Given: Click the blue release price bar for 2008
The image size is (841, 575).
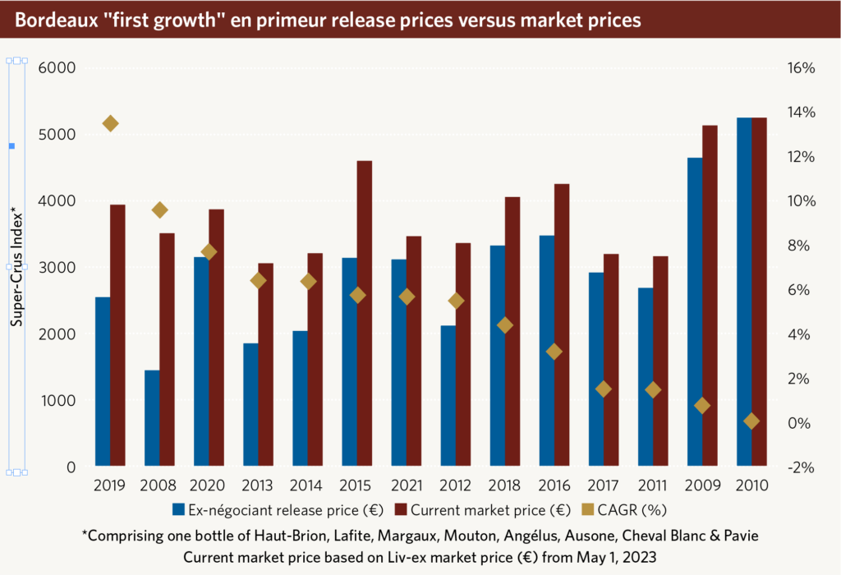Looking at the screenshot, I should pyautogui.click(x=152, y=418).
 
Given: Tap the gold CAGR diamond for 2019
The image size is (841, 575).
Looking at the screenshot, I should pyautogui.click(x=110, y=123).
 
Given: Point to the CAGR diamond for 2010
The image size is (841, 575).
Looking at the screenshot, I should pyautogui.click(x=751, y=421).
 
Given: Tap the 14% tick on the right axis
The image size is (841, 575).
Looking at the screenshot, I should pyautogui.click(x=798, y=113).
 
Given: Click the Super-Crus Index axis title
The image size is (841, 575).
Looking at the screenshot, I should pyautogui.click(x=16, y=267).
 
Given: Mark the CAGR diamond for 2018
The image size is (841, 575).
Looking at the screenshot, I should pyautogui.click(x=505, y=325).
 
